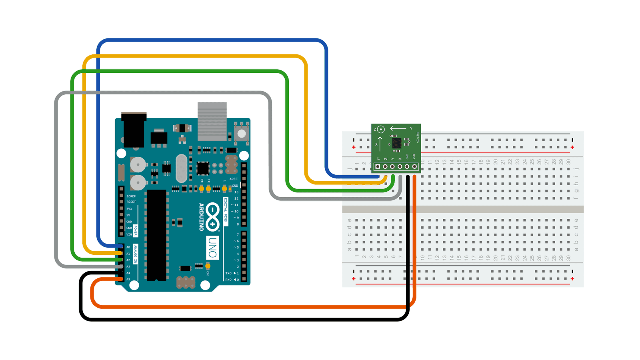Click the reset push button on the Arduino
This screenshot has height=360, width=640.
click(x=241, y=133)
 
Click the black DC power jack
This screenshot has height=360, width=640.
click(x=134, y=130)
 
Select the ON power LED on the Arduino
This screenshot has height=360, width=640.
click(x=208, y=266)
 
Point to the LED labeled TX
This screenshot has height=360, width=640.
click(x=208, y=188)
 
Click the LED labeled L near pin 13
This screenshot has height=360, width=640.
click(x=224, y=188)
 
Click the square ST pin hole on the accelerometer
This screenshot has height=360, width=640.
click(x=378, y=166)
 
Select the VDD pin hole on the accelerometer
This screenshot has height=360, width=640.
click(x=414, y=166)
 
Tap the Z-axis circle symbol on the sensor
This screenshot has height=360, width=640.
click(x=381, y=129)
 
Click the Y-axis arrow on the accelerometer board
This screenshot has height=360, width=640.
click(x=398, y=128)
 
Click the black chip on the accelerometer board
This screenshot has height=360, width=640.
click(x=396, y=143)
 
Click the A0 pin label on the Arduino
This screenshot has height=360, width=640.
click(x=128, y=247)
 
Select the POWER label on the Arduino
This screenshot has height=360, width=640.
click(x=135, y=231)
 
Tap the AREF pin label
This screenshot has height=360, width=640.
click(x=233, y=179)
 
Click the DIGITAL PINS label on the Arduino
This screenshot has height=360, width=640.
click(x=226, y=210)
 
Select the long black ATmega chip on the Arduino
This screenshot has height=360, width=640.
click(x=156, y=235)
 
